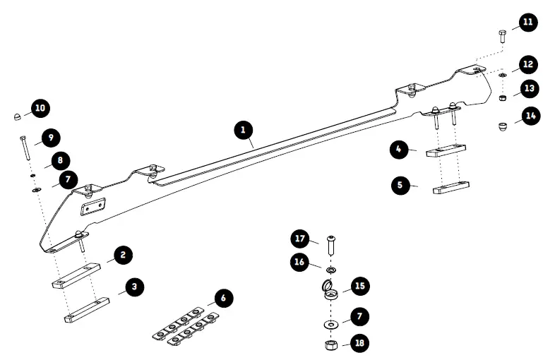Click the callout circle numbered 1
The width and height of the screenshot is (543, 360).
(x=243, y=129)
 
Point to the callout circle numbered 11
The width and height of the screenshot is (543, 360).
(x=527, y=23)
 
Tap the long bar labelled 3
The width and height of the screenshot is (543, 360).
(x=87, y=309)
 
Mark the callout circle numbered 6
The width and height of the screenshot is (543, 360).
(x=223, y=299)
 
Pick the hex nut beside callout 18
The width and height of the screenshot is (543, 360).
(x=329, y=345)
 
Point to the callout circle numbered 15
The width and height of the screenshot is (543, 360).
(x=360, y=286)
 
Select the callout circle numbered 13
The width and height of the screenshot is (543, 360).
(x=529, y=89)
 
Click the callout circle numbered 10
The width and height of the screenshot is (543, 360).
(x=40, y=109)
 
